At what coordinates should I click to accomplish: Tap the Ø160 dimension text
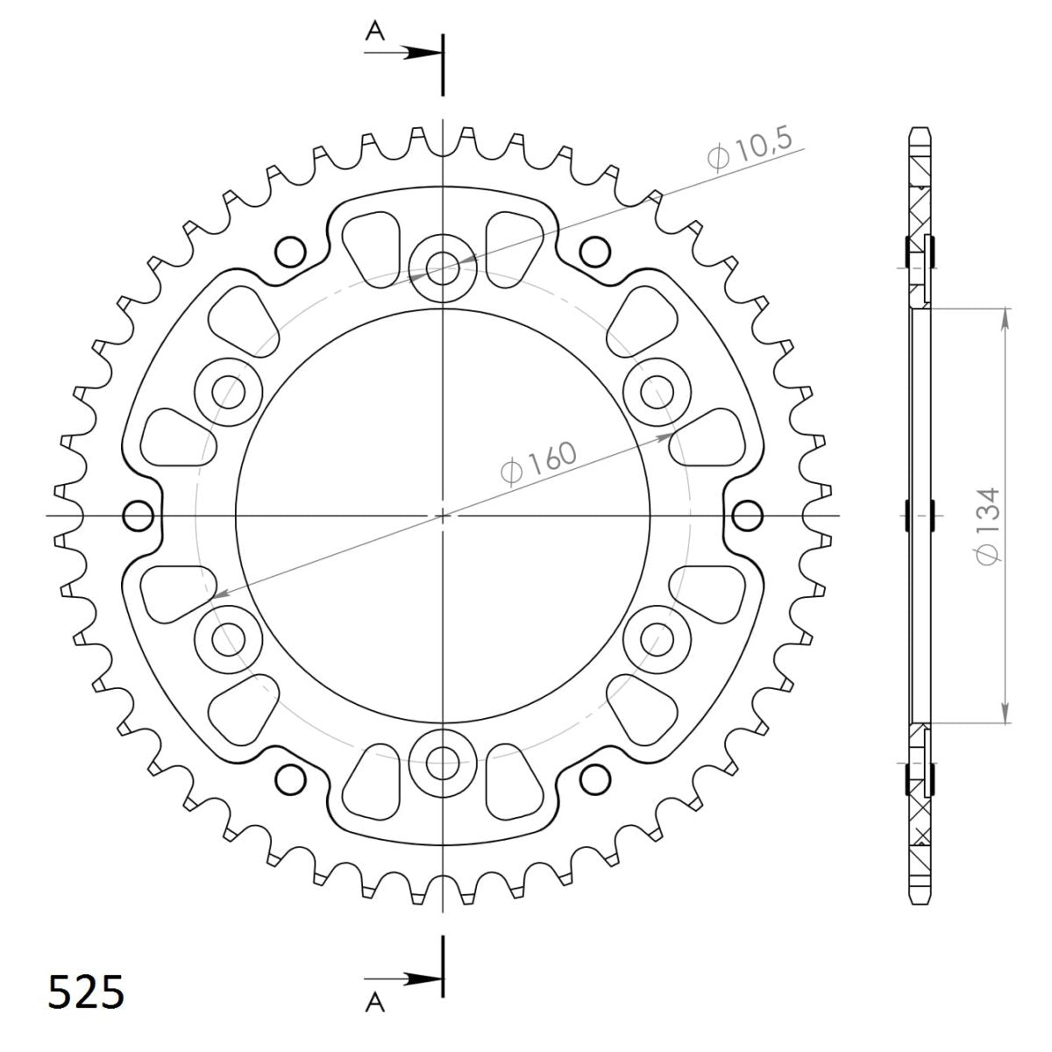(539, 463)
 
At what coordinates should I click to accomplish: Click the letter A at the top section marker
(375, 32)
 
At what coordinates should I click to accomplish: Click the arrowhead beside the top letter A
(421, 53)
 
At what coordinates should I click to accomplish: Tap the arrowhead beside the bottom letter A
(421, 978)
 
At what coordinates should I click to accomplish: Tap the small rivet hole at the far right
(747, 515)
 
